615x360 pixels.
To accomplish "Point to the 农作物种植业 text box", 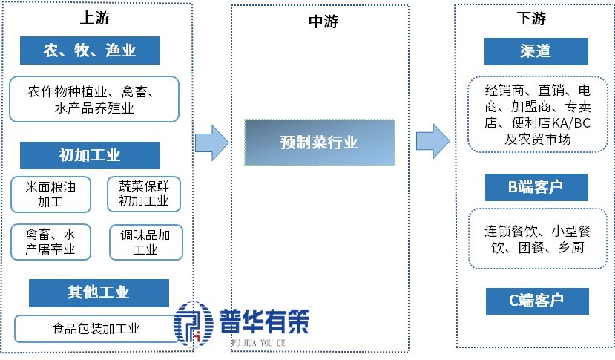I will (94, 99).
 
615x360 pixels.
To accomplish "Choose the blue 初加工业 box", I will (89, 155).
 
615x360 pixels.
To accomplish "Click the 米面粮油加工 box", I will (50, 194).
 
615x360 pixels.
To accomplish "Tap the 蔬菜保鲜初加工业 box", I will (144, 193).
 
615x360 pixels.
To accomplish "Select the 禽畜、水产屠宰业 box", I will (50, 242).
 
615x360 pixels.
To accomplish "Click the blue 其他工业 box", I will (99, 292).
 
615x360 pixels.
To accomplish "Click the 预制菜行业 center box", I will (320, 141).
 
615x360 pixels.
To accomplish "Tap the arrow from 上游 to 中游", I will (212, 141).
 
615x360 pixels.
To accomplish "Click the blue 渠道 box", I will (536, 52).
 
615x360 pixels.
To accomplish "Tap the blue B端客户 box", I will (536, 187).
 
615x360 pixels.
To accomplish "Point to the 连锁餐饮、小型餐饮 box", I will (537, 239).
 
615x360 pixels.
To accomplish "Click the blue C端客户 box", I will (536, 301).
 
